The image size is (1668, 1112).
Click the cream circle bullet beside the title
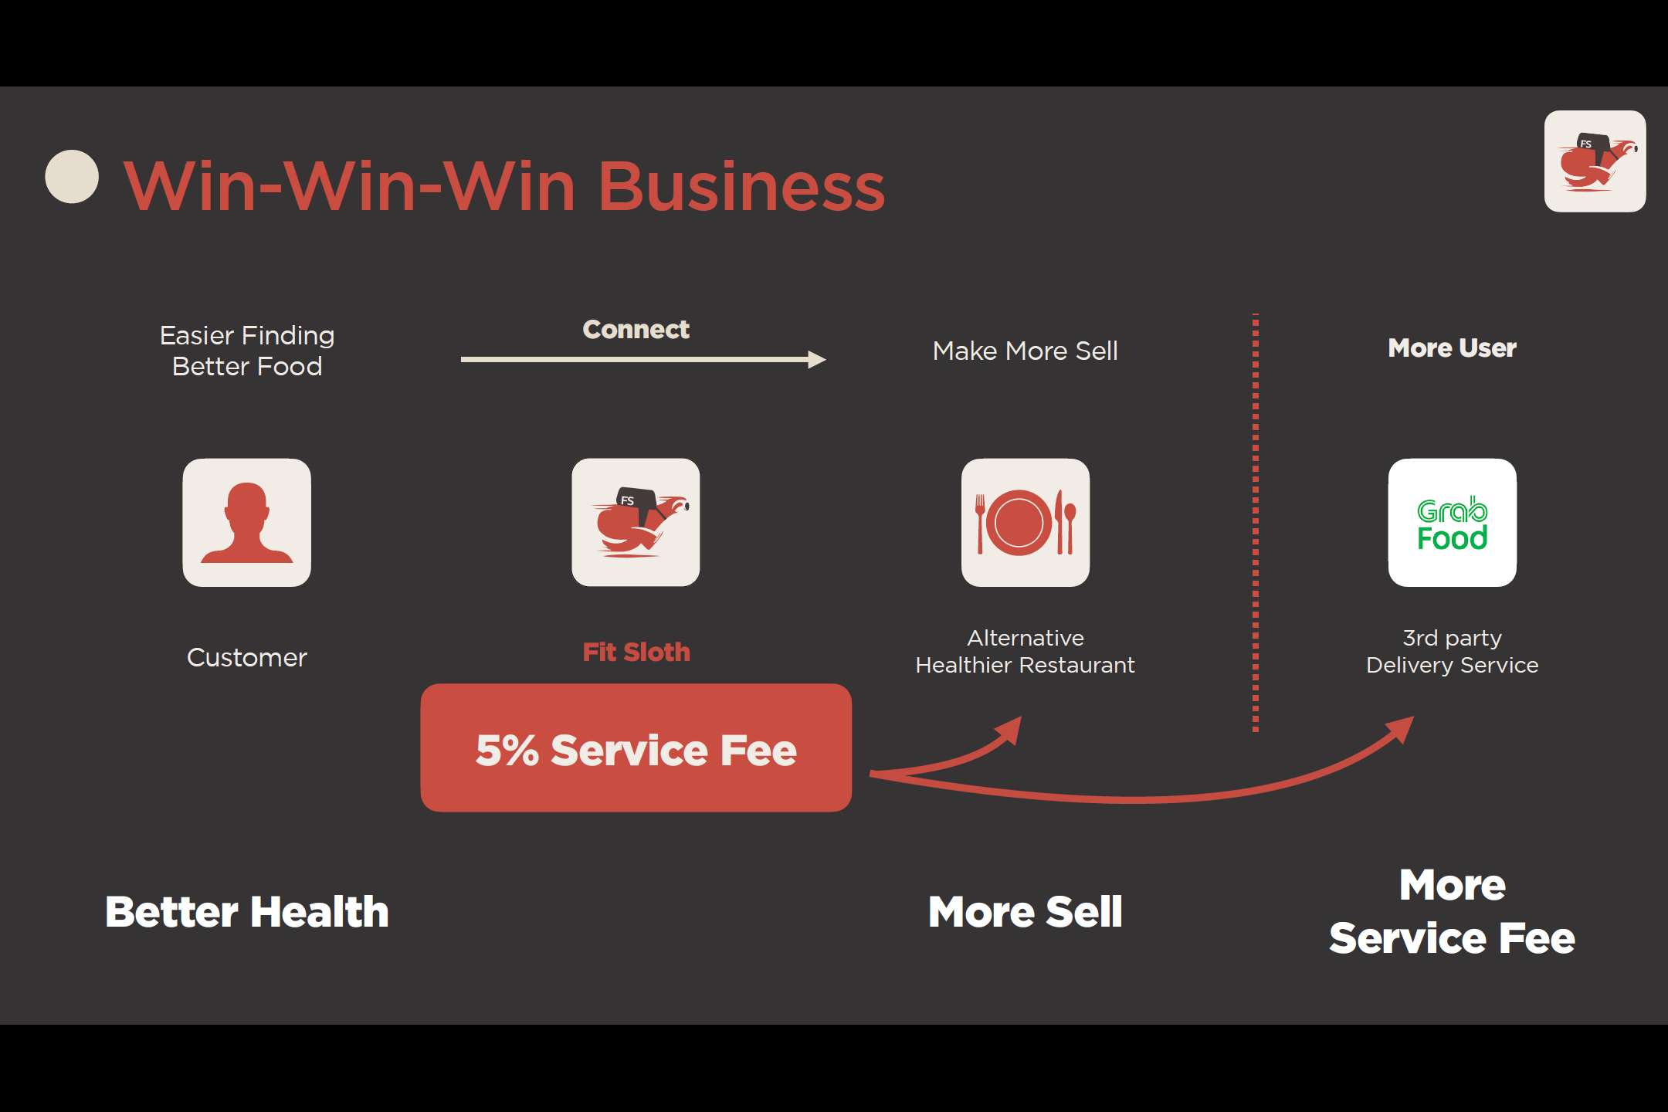[x=72, y=177]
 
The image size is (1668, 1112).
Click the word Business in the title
[x=741, y=187]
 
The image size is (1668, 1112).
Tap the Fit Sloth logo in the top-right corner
[x=1595, y=161]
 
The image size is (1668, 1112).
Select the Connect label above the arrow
[x=636, y=330]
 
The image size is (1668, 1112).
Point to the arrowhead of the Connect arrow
[x=817, y=359]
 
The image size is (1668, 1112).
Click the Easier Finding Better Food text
[x=247, y=351]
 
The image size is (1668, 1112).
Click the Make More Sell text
[x=1025, y=351]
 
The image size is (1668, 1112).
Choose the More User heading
[x=1452, y=348]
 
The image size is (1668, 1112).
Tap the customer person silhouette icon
[x=247, y=523]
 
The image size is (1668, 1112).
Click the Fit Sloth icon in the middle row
[x=636, y=523]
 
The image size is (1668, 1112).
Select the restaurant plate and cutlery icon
[x=1025, y=523]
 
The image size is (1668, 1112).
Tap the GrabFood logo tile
[x=1452, y=523]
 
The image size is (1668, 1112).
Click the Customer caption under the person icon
[x=247, y=657]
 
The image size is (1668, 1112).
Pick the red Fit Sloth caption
[x=636, y=653]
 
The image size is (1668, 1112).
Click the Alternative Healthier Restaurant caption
[x=1025, y=651]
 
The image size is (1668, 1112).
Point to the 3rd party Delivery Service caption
[x=1452, y=651]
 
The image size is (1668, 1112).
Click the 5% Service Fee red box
[x=636, y=748]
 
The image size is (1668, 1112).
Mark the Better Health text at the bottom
[x=247, y=912]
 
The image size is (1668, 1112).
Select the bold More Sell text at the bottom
[x=1025, y=912]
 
